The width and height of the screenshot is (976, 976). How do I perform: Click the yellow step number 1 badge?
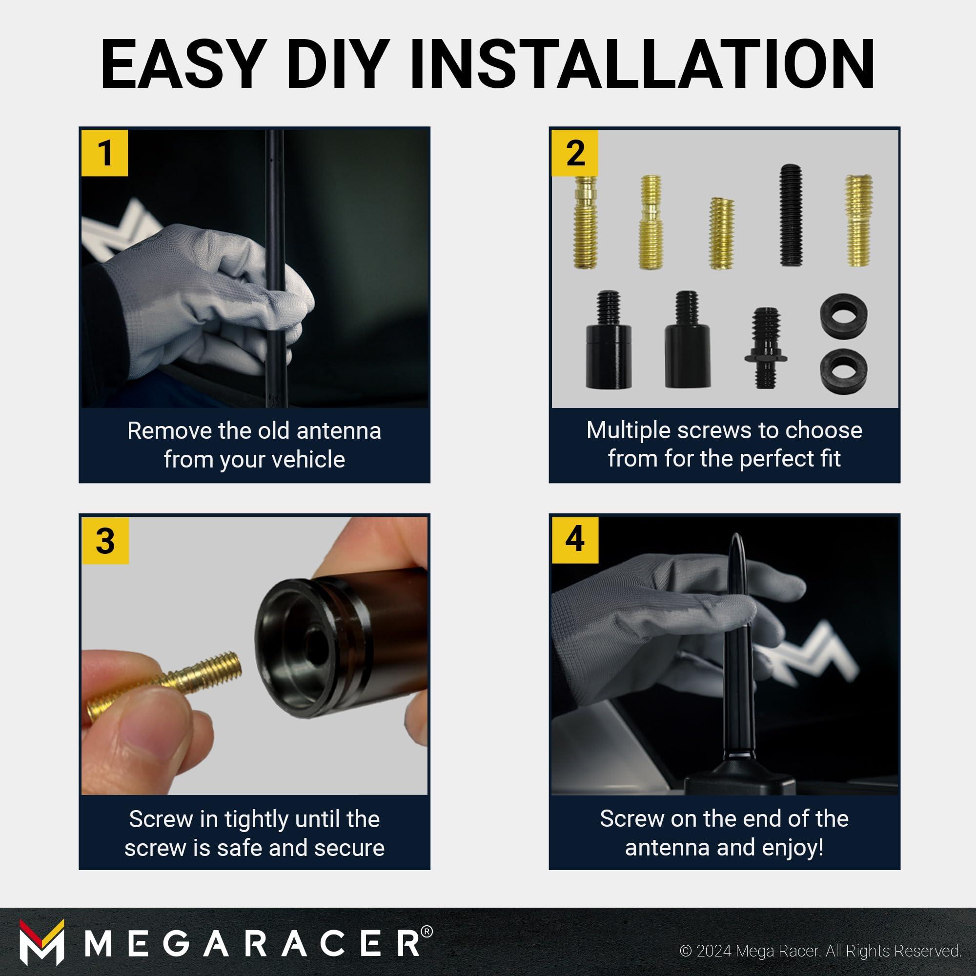click(105, 153)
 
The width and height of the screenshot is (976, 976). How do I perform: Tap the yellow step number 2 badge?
click(575, 153)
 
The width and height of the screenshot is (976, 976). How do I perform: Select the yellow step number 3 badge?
click(105, 541)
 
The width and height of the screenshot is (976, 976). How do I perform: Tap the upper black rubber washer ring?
click(844, 316)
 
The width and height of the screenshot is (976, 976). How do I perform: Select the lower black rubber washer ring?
click(844, 371)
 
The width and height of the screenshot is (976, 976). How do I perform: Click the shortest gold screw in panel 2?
click(721, 233)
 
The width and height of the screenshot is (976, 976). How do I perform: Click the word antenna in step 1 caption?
click(339, 431)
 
